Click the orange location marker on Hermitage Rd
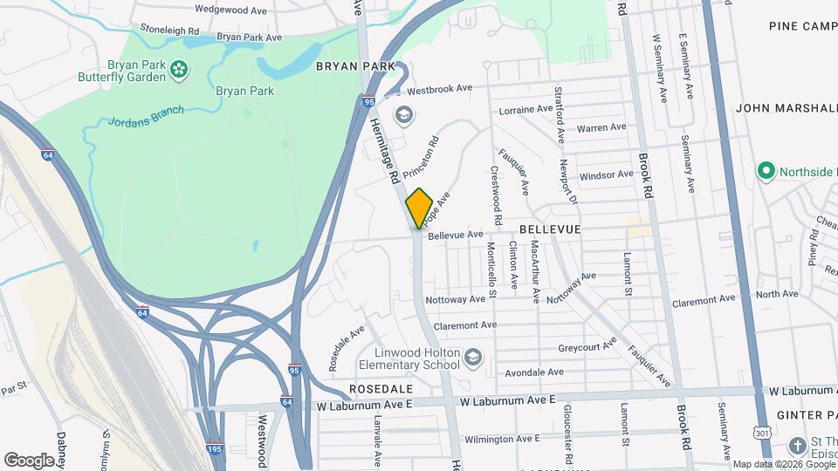click(x=419, y=208)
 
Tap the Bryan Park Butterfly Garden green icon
click(x=178, y=69)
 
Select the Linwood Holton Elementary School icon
click(x=472, y=357)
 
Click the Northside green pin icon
click(x=766, y=171)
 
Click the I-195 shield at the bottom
click(x=214, y=449)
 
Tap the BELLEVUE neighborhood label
click(x=550, y=228)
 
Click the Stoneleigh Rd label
click(x=169, y=30)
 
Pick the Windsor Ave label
click(x=607, y=174)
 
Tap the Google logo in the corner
click(x=29, y=460)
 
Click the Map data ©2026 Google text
click(x=783, y=464)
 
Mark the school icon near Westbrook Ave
click(x=402, y=114)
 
